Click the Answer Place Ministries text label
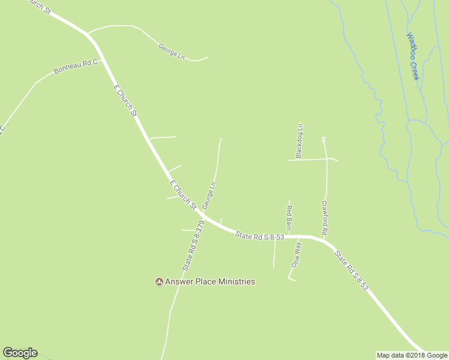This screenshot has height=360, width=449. (x=211, y=281)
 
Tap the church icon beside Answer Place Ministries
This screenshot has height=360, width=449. (x=159, y=281)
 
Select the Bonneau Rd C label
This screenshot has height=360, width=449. (x=75, y=67)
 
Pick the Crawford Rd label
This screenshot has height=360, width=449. (x=324, y=217)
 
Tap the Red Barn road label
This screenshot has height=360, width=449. (x=289, y=218)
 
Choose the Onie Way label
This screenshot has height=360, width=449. (x=296, y=255)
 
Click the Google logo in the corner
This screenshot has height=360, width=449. (x=20, y=353)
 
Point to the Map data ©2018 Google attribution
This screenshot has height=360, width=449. (x=412, y=355)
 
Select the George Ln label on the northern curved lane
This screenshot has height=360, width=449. (x=171, y=50)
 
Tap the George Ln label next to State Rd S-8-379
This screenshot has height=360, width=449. (x=208, y=196)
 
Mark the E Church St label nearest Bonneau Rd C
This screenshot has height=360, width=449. (x=125, y=100)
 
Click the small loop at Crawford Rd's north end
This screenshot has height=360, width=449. (x=324, y=139)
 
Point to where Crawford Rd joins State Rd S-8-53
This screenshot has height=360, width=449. (x=325, y=239)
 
